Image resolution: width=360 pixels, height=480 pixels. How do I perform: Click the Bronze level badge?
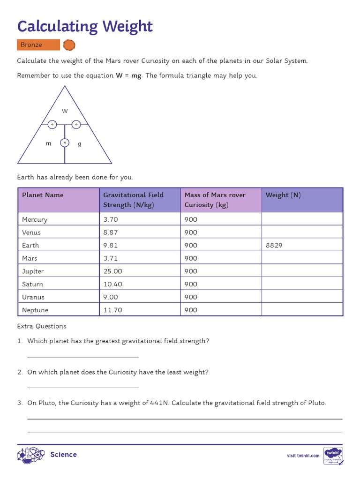(38, 45)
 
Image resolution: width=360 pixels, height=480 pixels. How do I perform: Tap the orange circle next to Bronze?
(69, 45)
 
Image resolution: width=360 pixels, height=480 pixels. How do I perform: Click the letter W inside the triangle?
(65, 111)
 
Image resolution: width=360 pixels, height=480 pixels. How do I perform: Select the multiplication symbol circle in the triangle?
(65, 142)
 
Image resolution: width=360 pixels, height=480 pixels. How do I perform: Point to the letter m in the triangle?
(48, 144)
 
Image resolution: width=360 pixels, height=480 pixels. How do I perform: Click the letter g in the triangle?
(79, 144)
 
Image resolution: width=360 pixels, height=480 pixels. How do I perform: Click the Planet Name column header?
(43, 195)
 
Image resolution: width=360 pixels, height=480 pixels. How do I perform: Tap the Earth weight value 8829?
(274, 245)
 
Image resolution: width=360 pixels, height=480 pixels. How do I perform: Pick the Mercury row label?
(35, 219)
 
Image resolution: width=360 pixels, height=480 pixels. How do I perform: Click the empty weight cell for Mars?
(302, 258)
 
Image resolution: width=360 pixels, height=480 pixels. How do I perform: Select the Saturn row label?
(32, 284)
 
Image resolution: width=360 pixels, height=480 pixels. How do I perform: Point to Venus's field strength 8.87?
(111, 232)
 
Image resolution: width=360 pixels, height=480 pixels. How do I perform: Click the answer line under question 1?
(83, 357)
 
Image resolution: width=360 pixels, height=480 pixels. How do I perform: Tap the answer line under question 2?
(83, 388)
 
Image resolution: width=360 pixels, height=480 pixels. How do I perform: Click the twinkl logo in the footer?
(333, 455)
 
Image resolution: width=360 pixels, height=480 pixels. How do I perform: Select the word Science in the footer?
(63, 455)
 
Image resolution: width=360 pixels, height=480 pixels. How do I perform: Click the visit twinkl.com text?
(303, 456)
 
